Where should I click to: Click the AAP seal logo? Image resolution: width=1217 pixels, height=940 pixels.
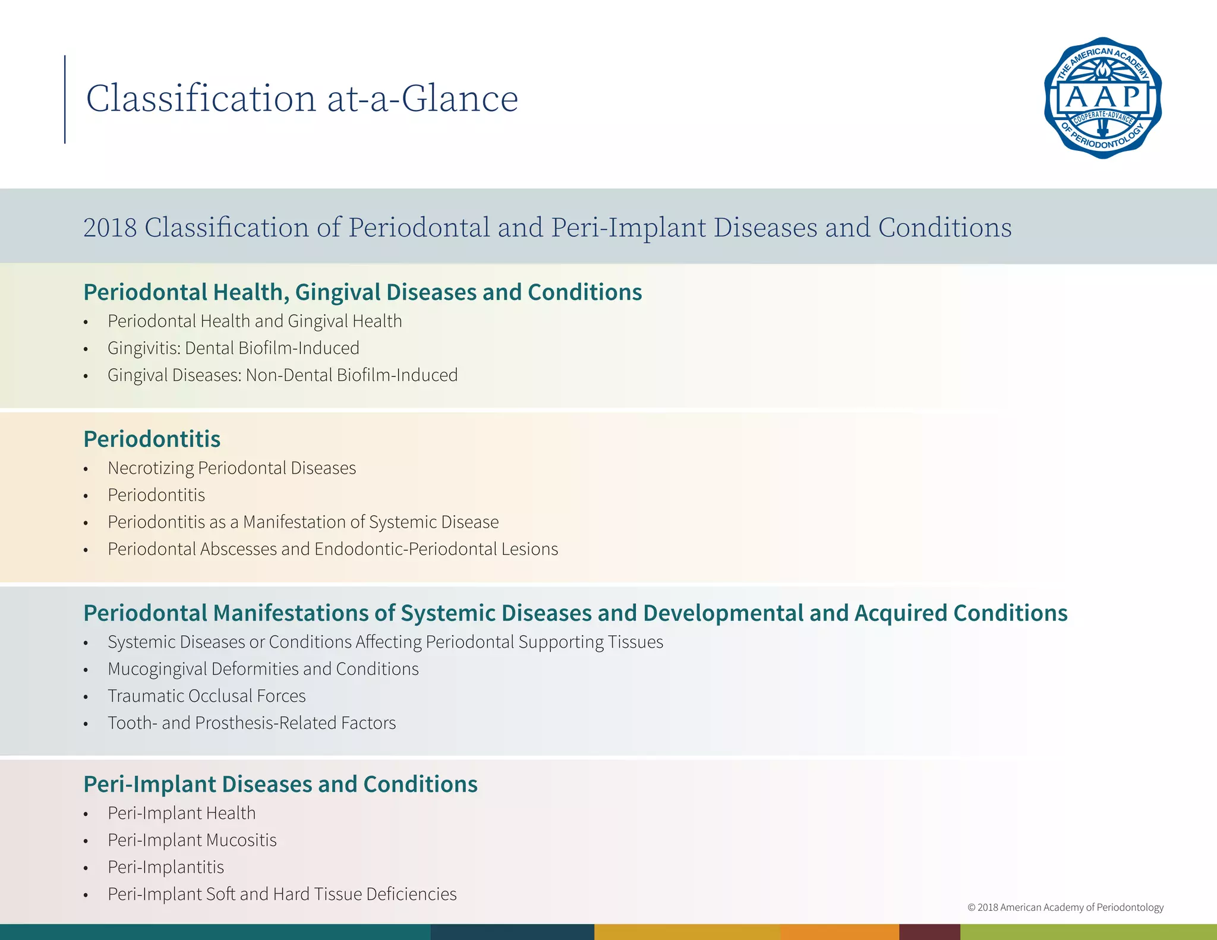[x=1103, y=98]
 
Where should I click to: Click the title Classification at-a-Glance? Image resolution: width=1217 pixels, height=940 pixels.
[x=302, y=99]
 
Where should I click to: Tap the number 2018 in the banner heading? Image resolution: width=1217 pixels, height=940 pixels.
[x=110, y=228]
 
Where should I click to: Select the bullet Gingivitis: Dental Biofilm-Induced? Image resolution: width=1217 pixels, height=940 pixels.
[x=233, y=348]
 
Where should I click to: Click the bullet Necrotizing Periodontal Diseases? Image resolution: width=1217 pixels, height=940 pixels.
[x=232, y=468]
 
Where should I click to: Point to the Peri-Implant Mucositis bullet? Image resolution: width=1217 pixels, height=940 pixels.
[x=192, y=840]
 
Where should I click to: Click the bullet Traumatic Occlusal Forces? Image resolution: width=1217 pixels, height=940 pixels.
[x=206, y=696]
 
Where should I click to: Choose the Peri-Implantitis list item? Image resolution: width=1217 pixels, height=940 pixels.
[x=166, y=868]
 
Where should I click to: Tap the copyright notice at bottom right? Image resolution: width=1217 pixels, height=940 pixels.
[x=1065, y=907]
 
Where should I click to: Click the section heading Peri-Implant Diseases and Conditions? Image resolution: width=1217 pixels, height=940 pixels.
[x=280, y=784]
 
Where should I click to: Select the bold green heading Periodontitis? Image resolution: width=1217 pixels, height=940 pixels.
[x=152, y=439]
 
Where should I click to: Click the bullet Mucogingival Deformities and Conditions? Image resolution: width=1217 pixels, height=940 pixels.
[x=263, y=669]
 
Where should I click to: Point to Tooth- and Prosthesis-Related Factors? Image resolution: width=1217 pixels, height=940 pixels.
[x=251, y=723]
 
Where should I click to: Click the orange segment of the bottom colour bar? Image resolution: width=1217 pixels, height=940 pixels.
[x=839, y=932]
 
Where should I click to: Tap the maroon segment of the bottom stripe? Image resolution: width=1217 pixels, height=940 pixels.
[x=929, y=932]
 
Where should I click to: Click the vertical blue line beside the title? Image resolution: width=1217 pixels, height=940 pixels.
[x=65, y=99]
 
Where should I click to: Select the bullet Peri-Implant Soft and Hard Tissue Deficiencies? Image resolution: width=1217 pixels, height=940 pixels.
[x=282, y=894]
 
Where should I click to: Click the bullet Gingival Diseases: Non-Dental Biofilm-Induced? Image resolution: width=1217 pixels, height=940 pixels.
[x=282, y=376]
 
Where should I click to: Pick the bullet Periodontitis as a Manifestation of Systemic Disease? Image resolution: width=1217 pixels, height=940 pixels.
[x=303, y=522]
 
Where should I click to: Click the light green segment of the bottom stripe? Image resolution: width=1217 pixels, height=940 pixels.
[x=1087, y=932]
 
